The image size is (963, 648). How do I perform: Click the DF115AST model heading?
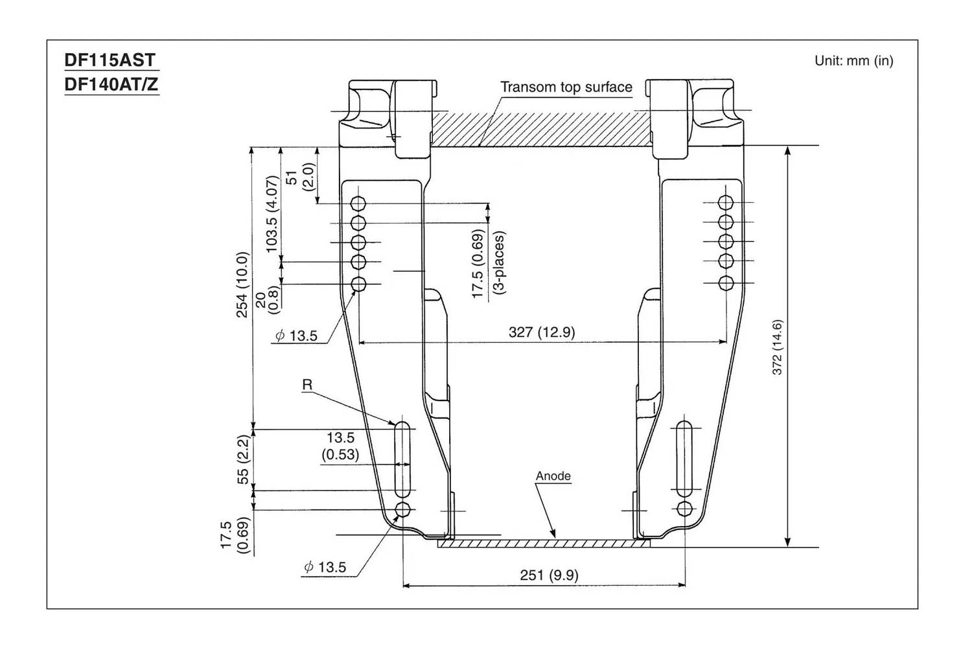[110, 60]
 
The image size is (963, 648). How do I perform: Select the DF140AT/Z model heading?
[111, 84]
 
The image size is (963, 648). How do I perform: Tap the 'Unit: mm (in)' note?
[853, 61]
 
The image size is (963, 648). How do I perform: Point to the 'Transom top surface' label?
[566, 87]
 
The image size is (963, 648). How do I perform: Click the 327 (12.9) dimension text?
[541, 332]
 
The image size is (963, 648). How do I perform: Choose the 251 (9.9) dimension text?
[549, 575]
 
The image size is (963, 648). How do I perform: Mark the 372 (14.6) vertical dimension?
[778, 347]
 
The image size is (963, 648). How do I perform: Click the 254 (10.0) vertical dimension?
[242, 284]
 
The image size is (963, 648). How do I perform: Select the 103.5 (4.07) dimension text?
[272, 214]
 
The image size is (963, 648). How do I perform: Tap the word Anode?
[553, 476]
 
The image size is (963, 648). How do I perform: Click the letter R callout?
[307, 385]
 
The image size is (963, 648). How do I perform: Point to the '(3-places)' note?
[499, 262]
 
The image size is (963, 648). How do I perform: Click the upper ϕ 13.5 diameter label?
[296, 336]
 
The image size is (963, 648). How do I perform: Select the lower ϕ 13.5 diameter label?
[325, 568]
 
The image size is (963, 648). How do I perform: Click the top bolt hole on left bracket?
[358, 204]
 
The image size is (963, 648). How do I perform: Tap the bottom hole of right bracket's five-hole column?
[726, 283]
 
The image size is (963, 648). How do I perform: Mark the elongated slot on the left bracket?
[402, 458]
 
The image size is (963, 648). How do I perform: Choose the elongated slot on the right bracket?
[684, 458]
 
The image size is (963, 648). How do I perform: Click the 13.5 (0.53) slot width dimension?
[340, 446]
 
